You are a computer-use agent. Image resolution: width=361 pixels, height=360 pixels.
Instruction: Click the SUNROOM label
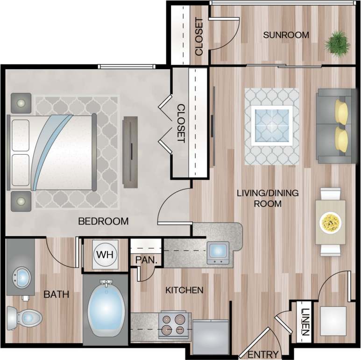[286, 35]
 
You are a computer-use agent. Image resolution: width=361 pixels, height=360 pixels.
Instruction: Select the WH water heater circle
[105, 255]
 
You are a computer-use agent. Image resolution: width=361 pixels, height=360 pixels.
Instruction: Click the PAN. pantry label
[143, 259]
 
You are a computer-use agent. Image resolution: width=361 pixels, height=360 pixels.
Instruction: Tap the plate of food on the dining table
[331, 222]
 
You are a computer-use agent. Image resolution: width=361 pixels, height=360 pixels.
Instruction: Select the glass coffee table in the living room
[272, 125]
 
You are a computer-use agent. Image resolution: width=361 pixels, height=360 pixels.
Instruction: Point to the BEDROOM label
[103, 222]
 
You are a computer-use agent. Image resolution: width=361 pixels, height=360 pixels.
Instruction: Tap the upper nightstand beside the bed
[21, 103]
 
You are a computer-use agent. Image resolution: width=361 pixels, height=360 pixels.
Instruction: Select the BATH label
[57, 295]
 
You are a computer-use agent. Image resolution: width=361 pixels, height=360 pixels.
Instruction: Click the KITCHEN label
[184, 290]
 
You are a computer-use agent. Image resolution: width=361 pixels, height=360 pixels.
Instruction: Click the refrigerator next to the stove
[210, 336]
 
